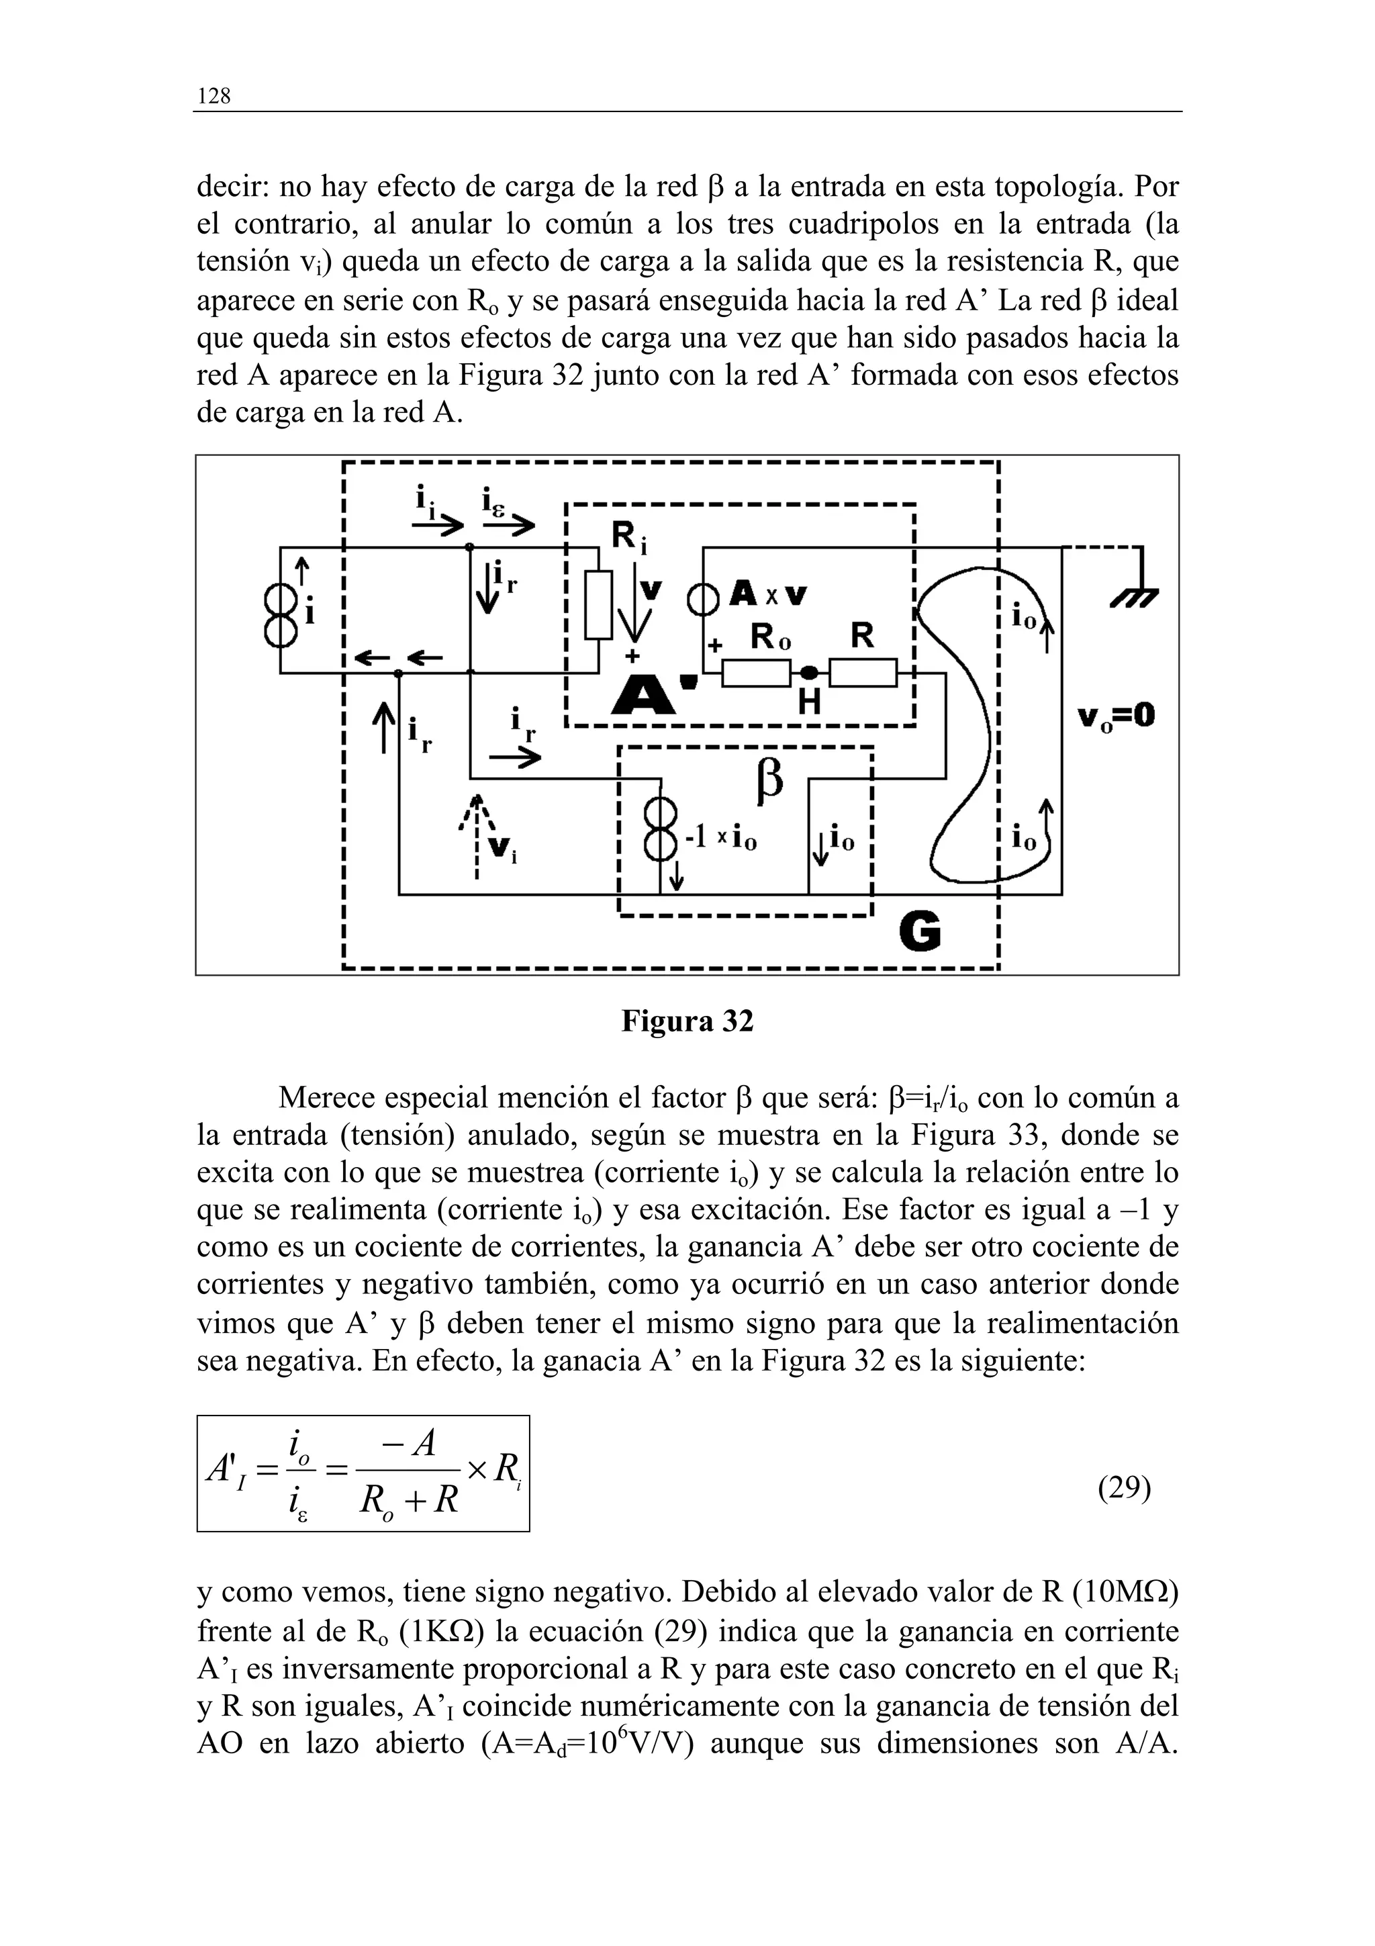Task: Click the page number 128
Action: [214, 97]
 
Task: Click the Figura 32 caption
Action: [687, 1021]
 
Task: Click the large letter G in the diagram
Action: [919, 933]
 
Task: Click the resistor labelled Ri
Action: [598, 605]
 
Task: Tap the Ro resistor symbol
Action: [757, 673]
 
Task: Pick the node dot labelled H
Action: [810, 673]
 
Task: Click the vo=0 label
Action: [1116, 718]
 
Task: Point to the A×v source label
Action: [769, 596]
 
